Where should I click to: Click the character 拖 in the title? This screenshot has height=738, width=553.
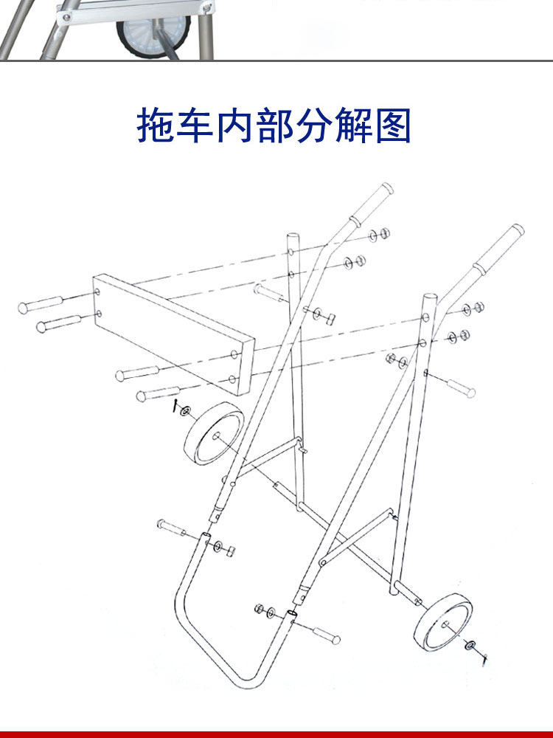click(156, 125)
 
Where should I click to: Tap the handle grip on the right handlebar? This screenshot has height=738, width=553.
click(498, 251)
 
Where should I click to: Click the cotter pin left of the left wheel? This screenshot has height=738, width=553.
click(176, 407)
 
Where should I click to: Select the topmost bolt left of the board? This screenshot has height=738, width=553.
click(41, 303)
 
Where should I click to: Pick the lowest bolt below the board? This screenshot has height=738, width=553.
click(158, 393)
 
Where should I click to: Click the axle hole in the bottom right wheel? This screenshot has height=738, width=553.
click(446, 624)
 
